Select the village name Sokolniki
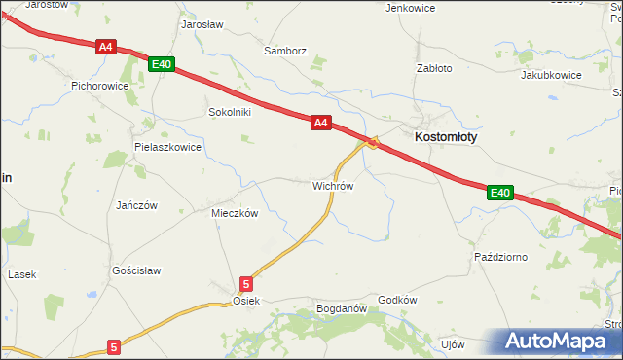(230, 112)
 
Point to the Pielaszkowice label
(167, 148)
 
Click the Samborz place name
(285, 50)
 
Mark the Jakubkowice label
(551, 75)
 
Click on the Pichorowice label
(100, 86)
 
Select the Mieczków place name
(235, 213)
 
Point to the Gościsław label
(136, 270)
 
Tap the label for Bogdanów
(341, 309)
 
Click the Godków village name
(397, 301)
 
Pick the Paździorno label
(500, 257)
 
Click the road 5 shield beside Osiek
(246, 284)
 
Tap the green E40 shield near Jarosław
(162, 64)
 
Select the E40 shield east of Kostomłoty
(499, 193)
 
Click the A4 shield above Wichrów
(322, 123)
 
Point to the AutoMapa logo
(561, 342)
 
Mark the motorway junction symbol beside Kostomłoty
(373, 143)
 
